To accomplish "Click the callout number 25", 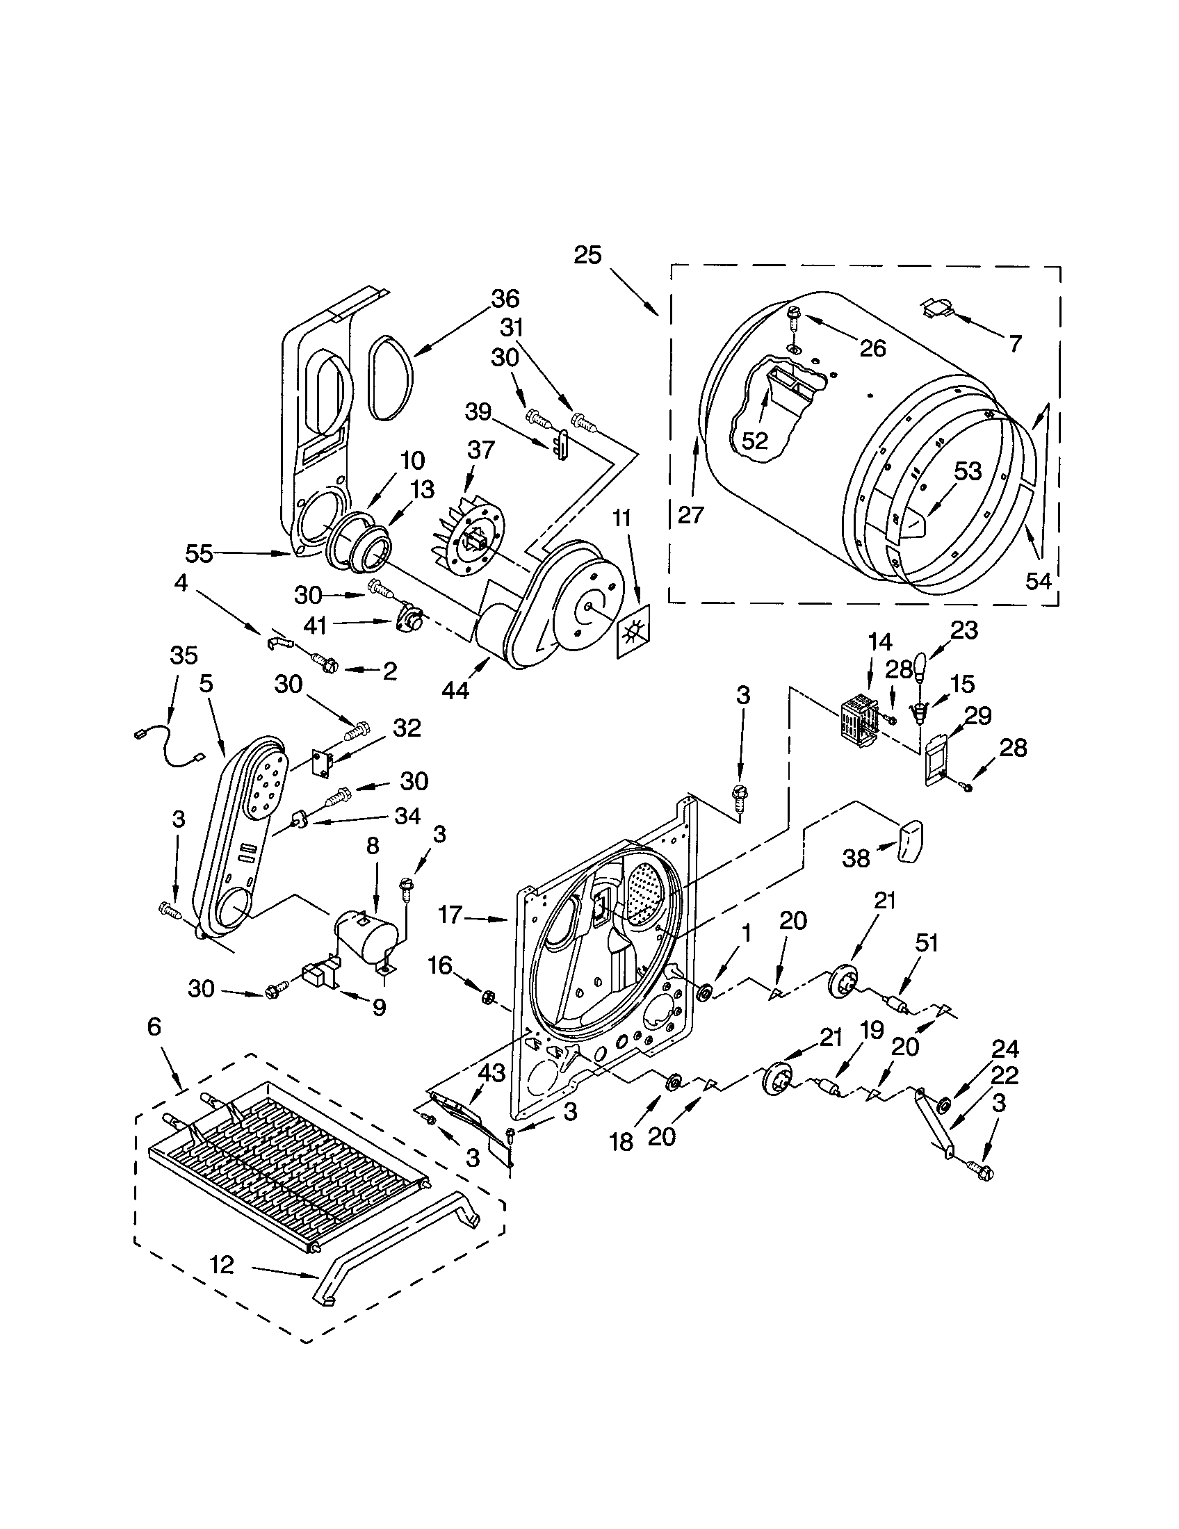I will tap(587, 255).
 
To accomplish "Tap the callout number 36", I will tap(505, 299).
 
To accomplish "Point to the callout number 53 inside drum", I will tap(968, 472).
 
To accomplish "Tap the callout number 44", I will tap(456, 690).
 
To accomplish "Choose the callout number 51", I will tap(925, 943).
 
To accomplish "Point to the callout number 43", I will tap(491, 1072).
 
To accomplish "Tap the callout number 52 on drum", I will tap(755, 441).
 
